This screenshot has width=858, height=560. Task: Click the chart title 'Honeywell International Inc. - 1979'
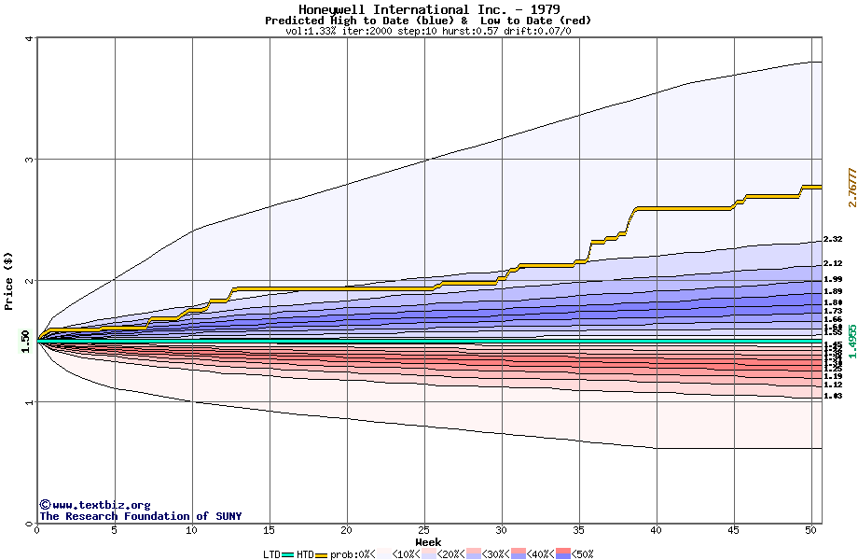429,9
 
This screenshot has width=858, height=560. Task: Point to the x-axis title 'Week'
428,541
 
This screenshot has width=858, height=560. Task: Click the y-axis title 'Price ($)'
9,281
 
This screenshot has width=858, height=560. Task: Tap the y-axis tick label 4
28,38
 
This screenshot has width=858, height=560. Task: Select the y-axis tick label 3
28,160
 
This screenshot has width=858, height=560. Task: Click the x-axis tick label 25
424,530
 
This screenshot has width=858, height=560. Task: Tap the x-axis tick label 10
192,530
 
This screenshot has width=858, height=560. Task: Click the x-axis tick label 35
579,530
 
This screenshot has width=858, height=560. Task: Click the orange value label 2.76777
851,188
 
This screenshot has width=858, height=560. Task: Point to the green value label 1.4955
851,342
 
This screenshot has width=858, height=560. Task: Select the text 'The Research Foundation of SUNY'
140,516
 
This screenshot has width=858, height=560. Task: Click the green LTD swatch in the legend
287,554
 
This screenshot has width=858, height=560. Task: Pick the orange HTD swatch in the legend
323,554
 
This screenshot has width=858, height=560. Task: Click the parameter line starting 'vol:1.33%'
428,31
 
